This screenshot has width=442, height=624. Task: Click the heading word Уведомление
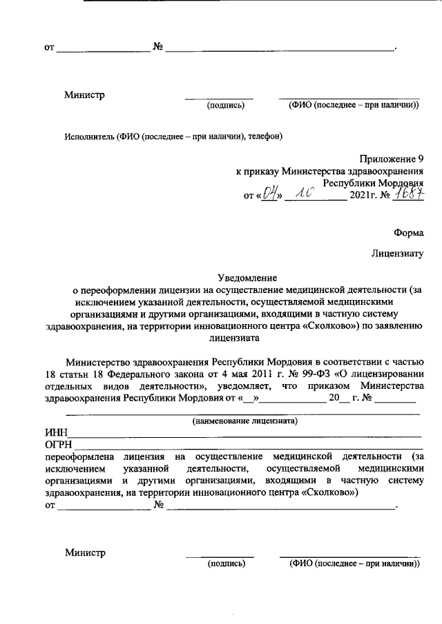(247, 276)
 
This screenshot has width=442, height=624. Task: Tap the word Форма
(408, 234)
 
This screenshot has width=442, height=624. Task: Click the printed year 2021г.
(364, 196)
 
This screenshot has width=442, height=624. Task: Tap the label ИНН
(55, 432)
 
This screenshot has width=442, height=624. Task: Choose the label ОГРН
(58, 445)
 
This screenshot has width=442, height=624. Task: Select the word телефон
(266, 137)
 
